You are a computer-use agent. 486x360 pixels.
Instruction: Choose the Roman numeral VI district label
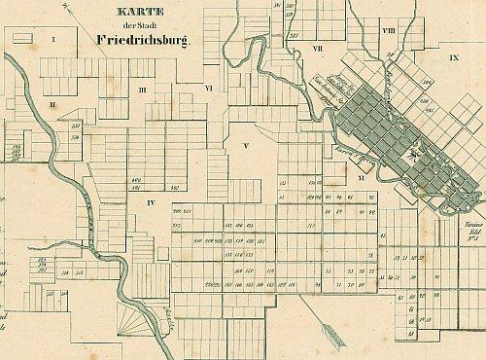tap(209, 88)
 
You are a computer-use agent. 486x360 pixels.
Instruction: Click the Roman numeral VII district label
tap(317, 47)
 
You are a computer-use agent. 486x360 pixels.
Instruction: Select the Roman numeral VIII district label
tap(388, 31)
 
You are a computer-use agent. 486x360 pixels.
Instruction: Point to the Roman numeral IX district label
tap(453, 58)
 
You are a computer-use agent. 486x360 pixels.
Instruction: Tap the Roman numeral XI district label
tap(361, 178)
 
